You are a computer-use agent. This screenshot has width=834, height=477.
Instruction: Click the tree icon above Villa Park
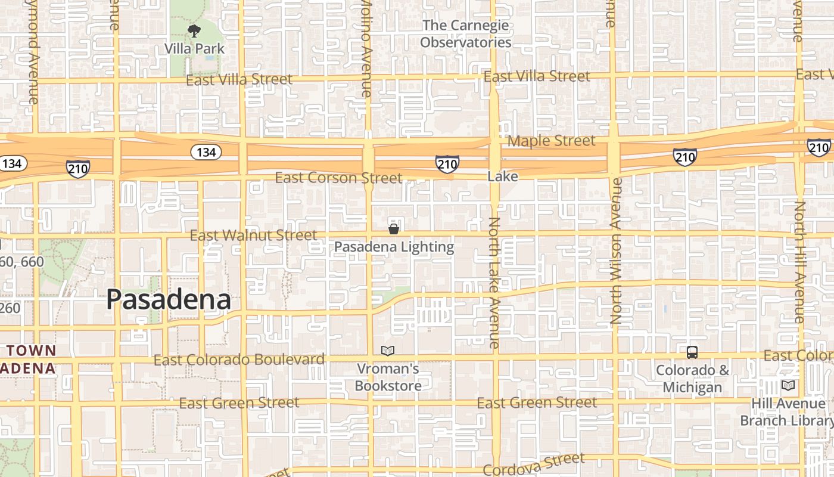194,31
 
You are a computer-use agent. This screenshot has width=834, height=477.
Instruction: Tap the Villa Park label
194,48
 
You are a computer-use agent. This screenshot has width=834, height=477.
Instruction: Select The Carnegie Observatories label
465,34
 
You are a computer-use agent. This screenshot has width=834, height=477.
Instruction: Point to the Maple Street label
551,141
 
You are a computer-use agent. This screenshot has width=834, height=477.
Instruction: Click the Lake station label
502,176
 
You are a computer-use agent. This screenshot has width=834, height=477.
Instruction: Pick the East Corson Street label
338,178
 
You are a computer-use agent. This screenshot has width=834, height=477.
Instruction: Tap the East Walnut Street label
253,236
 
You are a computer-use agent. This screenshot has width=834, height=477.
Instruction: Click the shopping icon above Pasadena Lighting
393,229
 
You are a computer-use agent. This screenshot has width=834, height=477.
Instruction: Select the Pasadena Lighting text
393,247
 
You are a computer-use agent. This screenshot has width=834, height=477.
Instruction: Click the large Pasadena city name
169,299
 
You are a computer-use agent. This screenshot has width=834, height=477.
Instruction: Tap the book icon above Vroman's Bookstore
388,351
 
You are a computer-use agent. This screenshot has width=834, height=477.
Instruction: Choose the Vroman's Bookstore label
388,377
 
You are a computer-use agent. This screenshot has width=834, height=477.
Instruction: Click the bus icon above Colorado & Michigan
692,352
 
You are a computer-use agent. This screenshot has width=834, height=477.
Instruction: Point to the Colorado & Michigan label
692,379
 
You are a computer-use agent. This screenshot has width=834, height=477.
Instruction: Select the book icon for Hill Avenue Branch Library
788,385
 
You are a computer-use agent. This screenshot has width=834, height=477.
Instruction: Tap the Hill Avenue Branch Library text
788,412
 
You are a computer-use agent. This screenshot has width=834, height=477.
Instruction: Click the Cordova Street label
534,465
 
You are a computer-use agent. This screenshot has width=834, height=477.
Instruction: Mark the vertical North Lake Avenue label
494,283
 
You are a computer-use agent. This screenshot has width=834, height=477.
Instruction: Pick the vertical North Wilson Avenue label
615,250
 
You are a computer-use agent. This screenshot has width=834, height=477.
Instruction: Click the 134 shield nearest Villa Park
206,152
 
